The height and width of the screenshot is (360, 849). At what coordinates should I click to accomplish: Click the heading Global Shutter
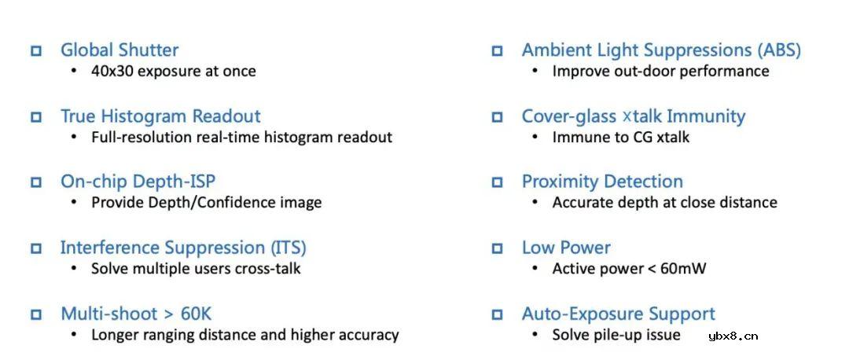(x=119, y=50)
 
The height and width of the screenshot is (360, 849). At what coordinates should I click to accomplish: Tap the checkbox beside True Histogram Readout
(x=36, y=117)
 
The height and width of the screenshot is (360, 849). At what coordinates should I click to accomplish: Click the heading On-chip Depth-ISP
(x=138, y=182)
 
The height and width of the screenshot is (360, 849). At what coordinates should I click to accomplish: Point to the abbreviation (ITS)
(x=288, y=248)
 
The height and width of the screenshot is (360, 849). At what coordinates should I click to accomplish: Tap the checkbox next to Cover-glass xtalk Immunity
(x=497, y=117)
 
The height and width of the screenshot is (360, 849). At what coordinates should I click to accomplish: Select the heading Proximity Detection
(x=602, y=182)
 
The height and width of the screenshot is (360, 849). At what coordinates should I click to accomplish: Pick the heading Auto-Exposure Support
(x=619, y=314)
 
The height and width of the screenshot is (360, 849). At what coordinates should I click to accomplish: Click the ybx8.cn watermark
(x=733, y=336)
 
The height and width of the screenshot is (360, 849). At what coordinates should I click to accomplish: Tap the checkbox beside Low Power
(x=497, y=248)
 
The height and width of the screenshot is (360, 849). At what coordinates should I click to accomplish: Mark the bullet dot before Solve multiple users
(x=74, y=268)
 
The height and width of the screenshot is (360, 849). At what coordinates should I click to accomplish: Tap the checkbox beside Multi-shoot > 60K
(x=36, y=314)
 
